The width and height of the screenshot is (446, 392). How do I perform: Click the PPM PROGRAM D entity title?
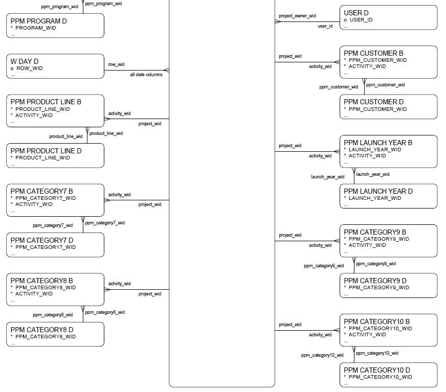38,21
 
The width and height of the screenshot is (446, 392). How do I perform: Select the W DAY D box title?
25,61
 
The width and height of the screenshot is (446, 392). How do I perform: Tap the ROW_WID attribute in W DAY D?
29,68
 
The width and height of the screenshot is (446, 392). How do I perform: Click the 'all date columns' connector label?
146,75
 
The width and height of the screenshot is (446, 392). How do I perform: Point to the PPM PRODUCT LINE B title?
46,102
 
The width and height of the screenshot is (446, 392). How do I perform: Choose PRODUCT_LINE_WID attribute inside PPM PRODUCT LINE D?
42,158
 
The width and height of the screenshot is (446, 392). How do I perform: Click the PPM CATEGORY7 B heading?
41,191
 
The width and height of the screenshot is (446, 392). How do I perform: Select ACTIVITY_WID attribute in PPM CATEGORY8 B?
34,294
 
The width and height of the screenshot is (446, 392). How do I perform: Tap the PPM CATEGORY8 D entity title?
42,330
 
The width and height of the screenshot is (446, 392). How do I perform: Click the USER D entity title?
356,13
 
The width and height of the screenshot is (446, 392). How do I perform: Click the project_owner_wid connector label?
297,16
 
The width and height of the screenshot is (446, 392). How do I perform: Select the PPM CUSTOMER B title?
373,53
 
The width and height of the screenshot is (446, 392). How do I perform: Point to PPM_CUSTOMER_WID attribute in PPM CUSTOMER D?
377,109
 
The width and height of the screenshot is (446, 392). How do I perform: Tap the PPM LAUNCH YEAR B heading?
378,143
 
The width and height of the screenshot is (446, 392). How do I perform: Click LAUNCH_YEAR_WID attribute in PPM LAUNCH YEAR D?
375,198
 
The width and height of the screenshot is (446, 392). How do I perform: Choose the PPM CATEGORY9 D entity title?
375,281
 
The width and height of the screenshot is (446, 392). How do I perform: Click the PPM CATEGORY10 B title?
376,321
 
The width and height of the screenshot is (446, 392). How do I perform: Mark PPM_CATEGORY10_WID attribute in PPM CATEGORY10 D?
380,377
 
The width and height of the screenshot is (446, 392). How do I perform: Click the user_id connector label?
325,26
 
